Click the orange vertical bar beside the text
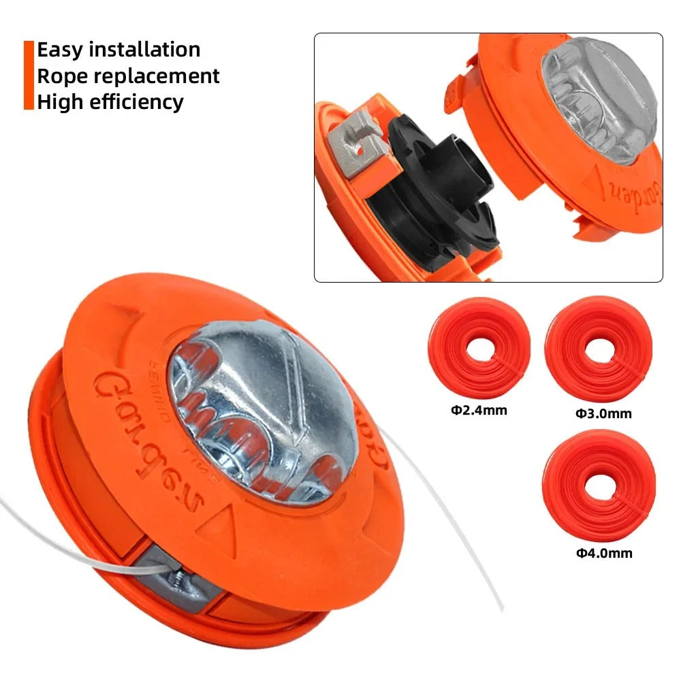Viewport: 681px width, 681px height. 28,75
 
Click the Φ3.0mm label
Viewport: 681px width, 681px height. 603,413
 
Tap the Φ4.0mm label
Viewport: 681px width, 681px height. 604,553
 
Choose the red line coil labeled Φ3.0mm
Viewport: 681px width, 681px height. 600,351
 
